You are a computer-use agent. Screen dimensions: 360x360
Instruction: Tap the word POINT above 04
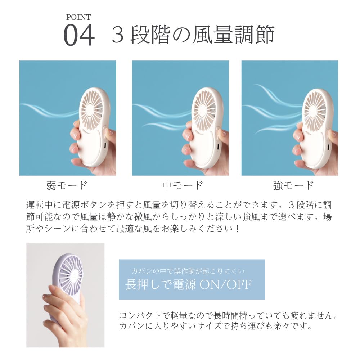coord(78,17)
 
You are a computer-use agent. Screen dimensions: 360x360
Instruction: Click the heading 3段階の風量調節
coord(193,35)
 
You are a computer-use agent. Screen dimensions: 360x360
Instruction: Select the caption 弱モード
coord(67,185)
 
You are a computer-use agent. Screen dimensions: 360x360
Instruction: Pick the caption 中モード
coord(183,185)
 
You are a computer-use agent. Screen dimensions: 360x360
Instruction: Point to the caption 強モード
coord(293,185)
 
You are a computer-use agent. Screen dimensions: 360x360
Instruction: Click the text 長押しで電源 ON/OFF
coord(188,284)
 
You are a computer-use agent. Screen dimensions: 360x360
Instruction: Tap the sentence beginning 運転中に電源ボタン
coord(179,206)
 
